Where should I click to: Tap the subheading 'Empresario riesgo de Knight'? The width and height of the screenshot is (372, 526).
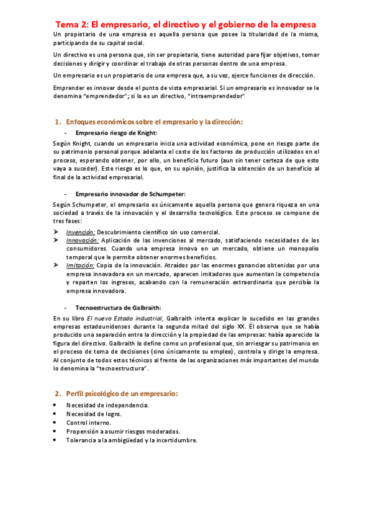coord(116,133)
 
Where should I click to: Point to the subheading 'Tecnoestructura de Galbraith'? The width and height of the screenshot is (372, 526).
coord(118,307)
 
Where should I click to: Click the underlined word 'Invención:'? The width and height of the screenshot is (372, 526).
coord(81,231)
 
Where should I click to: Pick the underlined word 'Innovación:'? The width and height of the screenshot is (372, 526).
coord(83,239)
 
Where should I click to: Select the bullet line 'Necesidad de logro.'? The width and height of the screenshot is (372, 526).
coord(94,414)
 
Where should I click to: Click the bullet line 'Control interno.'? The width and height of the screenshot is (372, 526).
coord(89,422)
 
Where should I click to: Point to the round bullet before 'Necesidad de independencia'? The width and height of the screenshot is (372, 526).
coord(56,405)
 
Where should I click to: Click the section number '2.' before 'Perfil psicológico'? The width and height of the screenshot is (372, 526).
coord(58,393)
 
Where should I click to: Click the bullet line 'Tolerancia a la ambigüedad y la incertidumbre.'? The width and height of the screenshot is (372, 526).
coord(132,440)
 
